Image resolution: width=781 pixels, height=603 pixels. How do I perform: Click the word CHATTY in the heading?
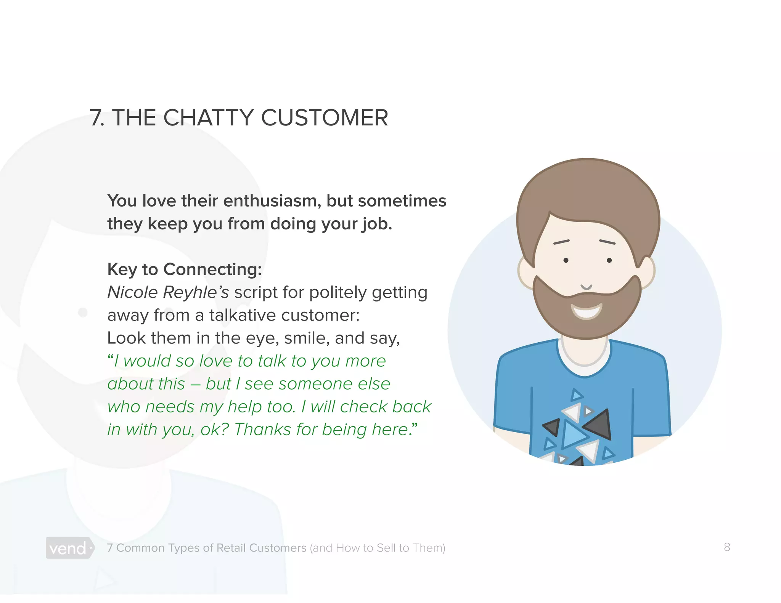pyautogui.click(x=208, y=117)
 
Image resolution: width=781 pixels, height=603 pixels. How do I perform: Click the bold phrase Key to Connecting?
pyautogui.click(x=185, y=269)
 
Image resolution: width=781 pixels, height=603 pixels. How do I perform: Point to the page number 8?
pyautogui.click(x=727, y=547)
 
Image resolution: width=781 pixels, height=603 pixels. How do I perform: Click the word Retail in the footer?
pyautogui.click(x=231, y=548)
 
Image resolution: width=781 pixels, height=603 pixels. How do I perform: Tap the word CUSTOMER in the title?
pyautogui.click(x=325, y=117)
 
